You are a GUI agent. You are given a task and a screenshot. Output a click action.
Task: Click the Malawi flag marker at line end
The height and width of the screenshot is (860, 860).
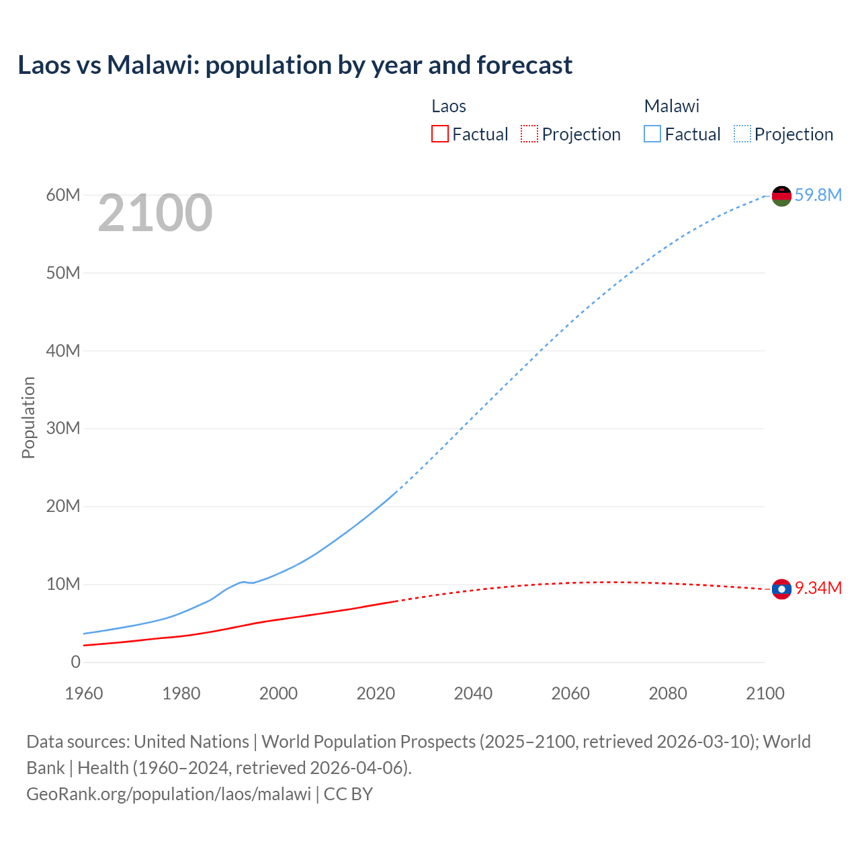coord(781,196)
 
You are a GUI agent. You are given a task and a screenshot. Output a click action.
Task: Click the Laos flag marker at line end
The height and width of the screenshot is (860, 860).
coord(781,589)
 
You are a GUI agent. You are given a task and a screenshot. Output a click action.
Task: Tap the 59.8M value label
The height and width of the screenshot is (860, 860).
coord(818,195)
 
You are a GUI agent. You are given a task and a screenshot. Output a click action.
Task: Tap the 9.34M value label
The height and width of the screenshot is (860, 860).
coord(818,588)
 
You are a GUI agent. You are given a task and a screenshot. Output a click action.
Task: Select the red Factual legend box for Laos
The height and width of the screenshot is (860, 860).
coord(439,134)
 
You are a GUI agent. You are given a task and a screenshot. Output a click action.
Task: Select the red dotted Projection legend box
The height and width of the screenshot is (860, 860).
coord(529,134)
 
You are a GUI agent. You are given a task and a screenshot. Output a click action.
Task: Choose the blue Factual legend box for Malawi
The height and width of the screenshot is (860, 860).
coord(652,134)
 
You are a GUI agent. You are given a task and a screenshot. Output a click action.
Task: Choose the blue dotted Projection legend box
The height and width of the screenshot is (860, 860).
coord(742,134)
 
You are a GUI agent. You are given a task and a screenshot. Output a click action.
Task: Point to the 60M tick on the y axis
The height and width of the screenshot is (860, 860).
coord(63,195)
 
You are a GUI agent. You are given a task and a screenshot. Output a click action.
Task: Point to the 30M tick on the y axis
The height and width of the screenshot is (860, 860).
coord(63,428)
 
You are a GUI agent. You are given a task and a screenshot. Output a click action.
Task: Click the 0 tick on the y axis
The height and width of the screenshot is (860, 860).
coord(76,662)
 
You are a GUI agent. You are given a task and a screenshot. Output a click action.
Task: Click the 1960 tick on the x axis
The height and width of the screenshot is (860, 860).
coord(84,693)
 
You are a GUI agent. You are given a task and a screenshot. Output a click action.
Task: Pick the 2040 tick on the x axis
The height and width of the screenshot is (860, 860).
coord(473,693)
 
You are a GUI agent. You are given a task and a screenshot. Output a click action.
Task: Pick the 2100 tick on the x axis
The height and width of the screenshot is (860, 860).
coord(765,693)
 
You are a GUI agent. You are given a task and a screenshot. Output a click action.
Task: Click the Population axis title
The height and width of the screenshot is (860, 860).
coord(28,417)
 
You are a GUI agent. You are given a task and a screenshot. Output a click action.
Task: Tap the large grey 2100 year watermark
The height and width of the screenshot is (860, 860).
coord(155,213)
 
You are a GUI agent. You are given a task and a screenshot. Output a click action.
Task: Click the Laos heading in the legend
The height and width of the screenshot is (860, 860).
coord(448,106)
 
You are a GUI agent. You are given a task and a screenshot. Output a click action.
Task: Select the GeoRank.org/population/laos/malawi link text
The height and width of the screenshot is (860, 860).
coord(169,793)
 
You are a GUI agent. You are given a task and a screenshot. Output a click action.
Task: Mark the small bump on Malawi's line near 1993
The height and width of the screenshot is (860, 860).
coord(243,582)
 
